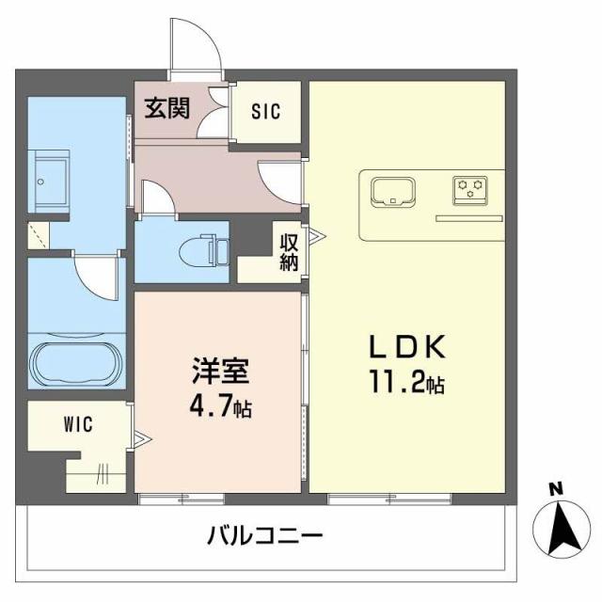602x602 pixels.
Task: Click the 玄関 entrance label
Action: tap(166, 107)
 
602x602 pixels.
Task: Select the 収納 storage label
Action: tap(289, 249)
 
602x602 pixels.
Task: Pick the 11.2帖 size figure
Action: tap(405, 383)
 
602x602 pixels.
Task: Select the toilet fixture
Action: tap(204, 248)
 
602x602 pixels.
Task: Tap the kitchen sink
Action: tap(394, 191)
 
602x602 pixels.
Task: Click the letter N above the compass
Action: tap(556, 488)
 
